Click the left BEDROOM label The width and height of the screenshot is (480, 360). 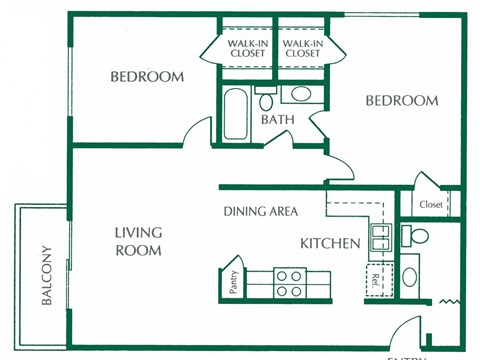pos(147,77)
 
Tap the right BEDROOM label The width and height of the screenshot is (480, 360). pos(401,101)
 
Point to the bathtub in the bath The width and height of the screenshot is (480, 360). pos(235,115)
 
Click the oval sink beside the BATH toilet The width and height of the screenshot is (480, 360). pos(300,96)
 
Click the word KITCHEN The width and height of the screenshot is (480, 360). pos(330,243)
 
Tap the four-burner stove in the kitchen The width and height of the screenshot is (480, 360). pos(289,283)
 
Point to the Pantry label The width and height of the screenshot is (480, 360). pos(231,283)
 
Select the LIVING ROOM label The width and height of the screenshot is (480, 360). pos(137,241)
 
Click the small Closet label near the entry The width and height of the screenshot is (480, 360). pos(431,205)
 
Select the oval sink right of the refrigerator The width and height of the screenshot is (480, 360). pos(410,275)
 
